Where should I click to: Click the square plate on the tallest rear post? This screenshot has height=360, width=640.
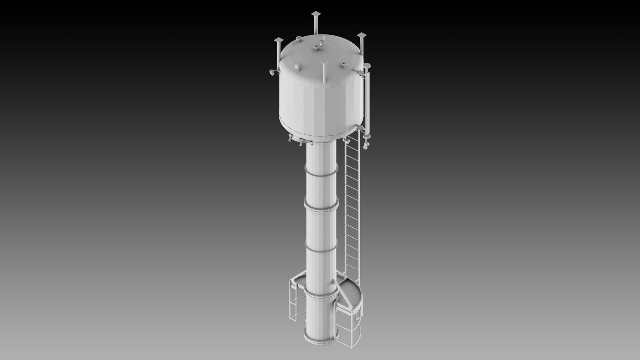pos(316,14)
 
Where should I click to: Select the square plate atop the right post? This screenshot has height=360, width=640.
pos(362,35)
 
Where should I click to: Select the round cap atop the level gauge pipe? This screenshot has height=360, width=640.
pos(367,66)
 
